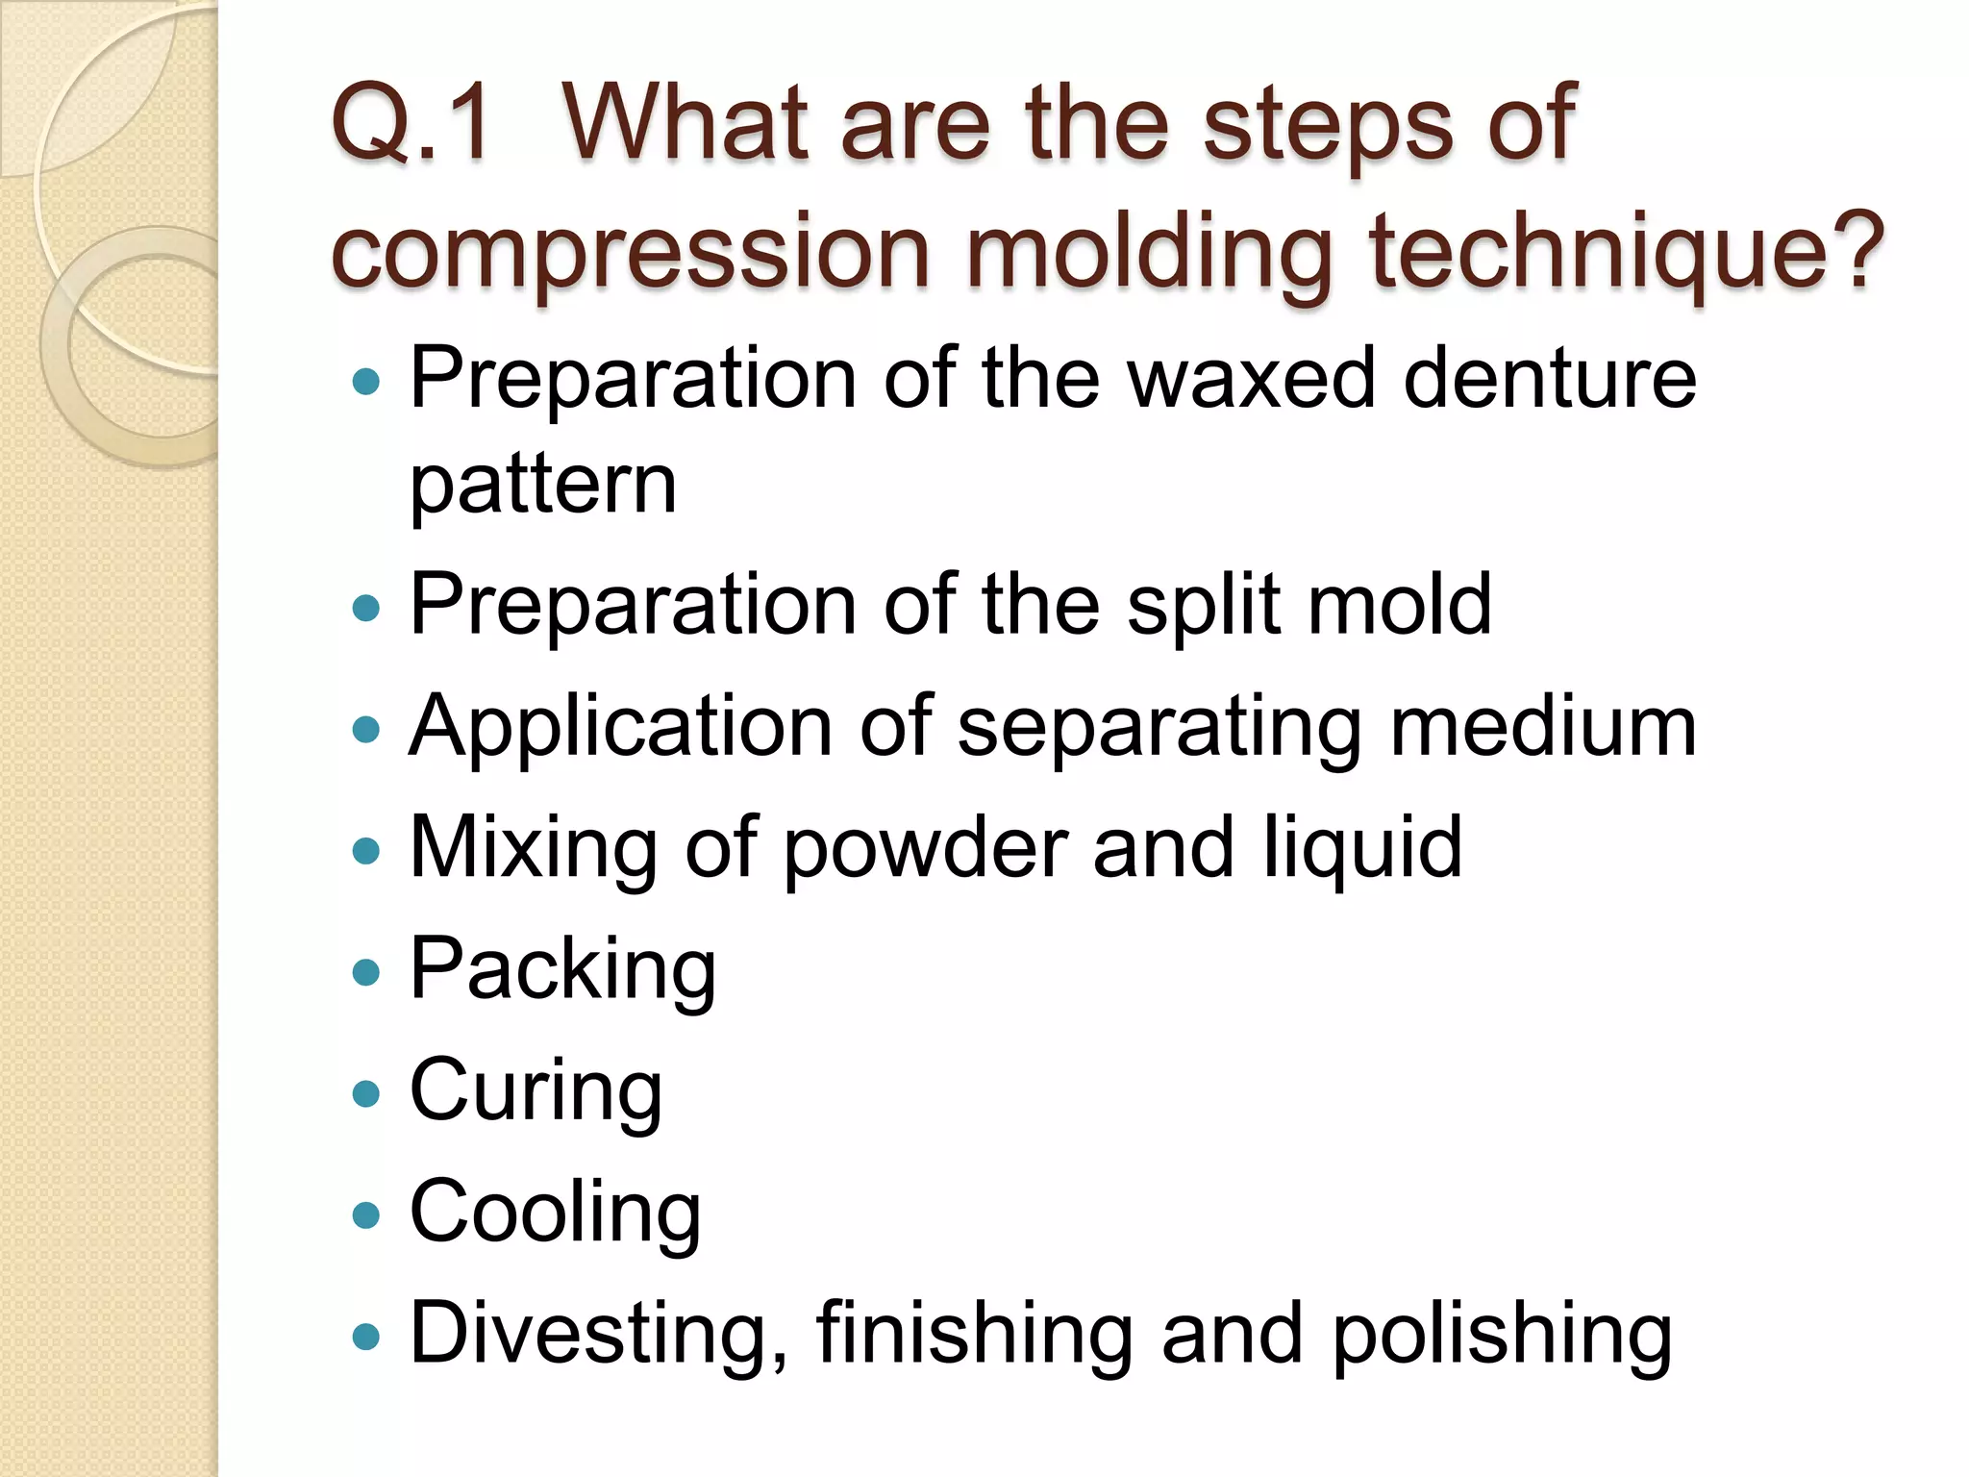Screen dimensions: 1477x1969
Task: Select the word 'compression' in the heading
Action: point(629,252)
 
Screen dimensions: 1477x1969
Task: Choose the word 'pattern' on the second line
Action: point(543,485)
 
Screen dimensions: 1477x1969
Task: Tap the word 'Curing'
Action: point(536,1092)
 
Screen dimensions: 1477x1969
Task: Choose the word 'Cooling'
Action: point(555,1214)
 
